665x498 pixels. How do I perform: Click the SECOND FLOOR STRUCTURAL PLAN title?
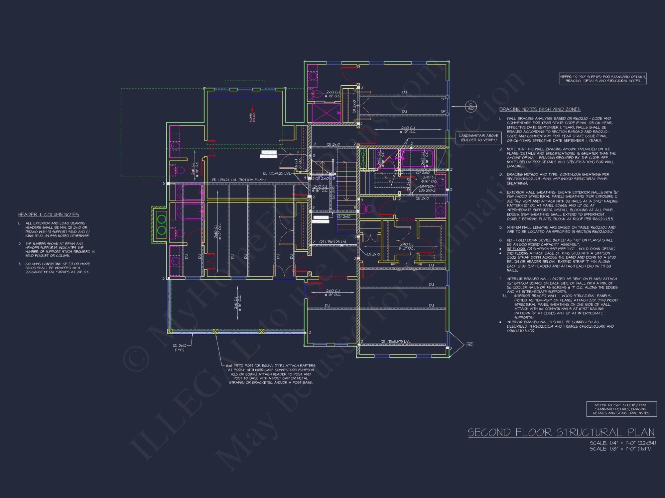tap(561, 432)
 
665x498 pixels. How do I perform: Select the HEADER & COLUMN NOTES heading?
tap(49, 215)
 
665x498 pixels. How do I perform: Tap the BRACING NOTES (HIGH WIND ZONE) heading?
tap(540, 109)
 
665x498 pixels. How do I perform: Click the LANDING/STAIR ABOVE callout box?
tap(478, 138)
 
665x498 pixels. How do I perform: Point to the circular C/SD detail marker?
tap(471, 107)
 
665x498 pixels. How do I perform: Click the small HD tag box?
tap(469, 345)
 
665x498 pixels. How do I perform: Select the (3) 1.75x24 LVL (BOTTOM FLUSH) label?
tap(238, 180)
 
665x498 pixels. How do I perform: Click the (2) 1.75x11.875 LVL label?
tap(395, 341)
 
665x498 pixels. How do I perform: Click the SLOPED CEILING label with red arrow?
tap(252, 117)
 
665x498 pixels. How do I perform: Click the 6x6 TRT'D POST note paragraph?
tap(271, 374)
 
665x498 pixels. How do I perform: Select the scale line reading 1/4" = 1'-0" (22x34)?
tap(622, 443)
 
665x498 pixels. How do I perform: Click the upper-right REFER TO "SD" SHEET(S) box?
tap(603, 79)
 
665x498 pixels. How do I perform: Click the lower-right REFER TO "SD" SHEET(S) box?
tap(621, 409)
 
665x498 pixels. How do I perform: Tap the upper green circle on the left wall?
tap(162, 219)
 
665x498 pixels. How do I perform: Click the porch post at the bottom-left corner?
tap(170, 331)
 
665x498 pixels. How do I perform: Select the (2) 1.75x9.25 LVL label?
tap(333, 242)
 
